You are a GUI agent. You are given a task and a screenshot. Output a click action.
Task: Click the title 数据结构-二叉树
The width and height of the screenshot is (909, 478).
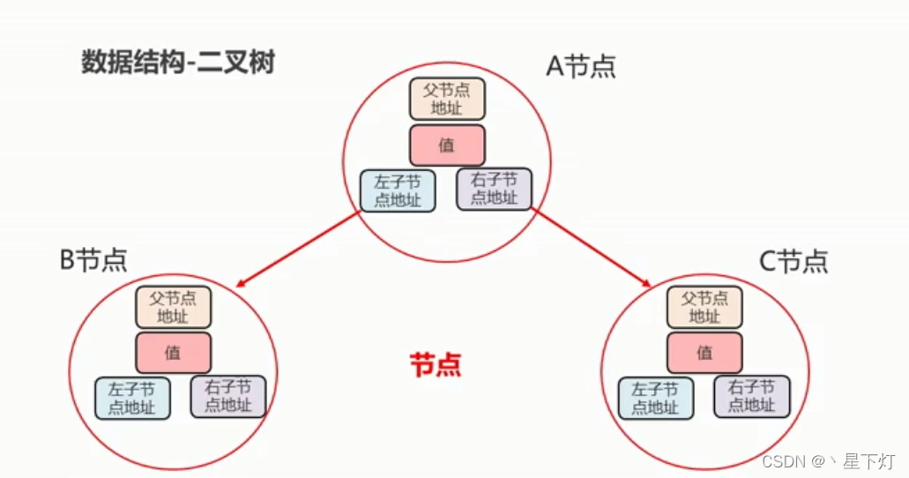pyautogui.click(x=178, y=63)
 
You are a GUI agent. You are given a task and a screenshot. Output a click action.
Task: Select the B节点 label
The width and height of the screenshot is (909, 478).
pyautogui.click(x=93, y=259)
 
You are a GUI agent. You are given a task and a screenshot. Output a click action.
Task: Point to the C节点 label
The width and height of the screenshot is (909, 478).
pyautogui.click(x=794, y=261)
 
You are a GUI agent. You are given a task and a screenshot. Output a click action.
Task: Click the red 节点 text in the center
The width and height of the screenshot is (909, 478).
pyautogui.click(x=436, y=365)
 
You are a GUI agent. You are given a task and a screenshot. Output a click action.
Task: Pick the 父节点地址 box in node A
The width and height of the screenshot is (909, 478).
pyautogui.click(x=447, y=100)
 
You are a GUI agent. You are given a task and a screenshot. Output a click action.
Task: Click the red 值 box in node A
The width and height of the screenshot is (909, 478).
pyautogui.click(x=447, y=146)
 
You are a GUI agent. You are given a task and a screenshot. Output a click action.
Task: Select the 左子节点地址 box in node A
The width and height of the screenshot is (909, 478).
pyautogui.click(x=398, y=190)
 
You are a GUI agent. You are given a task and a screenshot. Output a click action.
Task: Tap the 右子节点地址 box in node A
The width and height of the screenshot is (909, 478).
pyautogui.click(x=494, y=189)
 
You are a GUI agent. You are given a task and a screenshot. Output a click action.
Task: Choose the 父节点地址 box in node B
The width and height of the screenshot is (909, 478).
pyautogui.click(x=173, y=307)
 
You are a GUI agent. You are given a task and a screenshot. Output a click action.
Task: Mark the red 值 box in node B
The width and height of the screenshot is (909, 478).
pyautogui.click(x=173, y=353)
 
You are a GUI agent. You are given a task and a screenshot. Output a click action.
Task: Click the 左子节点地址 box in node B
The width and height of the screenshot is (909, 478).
pyautogui.click(x=132, y=398)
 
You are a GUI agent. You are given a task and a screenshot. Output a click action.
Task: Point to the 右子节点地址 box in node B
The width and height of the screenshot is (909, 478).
pyautogui.click(x=227, y=396)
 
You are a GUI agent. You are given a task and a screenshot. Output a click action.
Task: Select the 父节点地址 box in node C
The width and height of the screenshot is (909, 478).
pyautogui.click(x=704, y=307)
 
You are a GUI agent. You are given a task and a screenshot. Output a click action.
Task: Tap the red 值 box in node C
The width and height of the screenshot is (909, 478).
pyautogui.click(x=704, y=353)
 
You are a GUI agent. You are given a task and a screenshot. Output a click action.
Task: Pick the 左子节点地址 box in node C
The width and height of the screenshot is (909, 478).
pyautogui.click(x=655, y=398)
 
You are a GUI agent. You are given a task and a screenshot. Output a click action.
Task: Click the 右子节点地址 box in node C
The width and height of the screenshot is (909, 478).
pyautogui.click(x=751, y=396)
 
